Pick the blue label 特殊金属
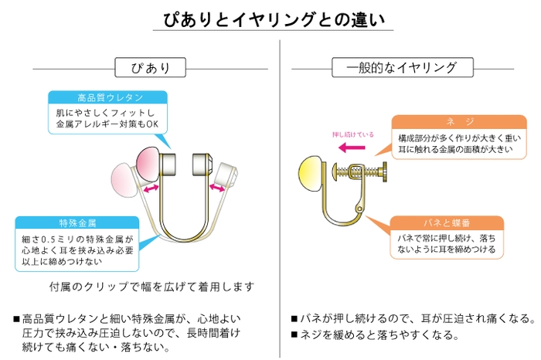point(77,222)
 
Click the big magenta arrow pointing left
point(357,144)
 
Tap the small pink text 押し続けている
point(352,134)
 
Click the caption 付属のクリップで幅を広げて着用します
point(151,287)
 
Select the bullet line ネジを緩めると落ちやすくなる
point(376,336)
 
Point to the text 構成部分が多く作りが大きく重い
point(448,138)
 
